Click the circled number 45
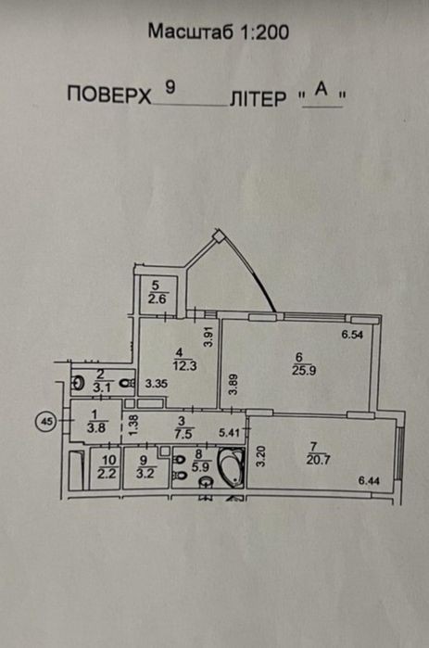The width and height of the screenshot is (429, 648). point(45,422)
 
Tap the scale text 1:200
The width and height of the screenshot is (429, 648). point(264,32)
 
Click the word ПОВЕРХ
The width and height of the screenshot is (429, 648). point(109,95)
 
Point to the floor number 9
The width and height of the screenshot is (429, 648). point(170,87)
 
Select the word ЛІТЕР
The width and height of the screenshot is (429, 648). point(259,98)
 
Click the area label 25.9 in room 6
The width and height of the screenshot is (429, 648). point(304,370)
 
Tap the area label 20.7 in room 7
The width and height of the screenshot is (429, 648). point(319,460)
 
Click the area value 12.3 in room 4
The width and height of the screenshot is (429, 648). point(185,366)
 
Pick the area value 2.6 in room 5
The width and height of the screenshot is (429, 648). point(157,299)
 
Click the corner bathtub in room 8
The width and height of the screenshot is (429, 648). point(232,468)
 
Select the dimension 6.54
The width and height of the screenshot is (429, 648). point(352,335)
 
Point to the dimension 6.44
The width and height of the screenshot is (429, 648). point(369,480)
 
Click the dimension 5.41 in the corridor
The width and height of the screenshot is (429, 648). point(229,433)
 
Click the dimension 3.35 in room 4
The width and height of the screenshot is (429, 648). point(157,384)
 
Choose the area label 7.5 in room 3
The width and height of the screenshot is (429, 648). point(183,433)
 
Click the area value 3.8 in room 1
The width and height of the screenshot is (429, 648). point(96,427)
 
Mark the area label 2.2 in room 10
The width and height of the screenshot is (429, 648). point(107,474)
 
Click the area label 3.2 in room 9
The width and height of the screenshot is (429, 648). point(145,474)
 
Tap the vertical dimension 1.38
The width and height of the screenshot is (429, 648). point(133,426)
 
